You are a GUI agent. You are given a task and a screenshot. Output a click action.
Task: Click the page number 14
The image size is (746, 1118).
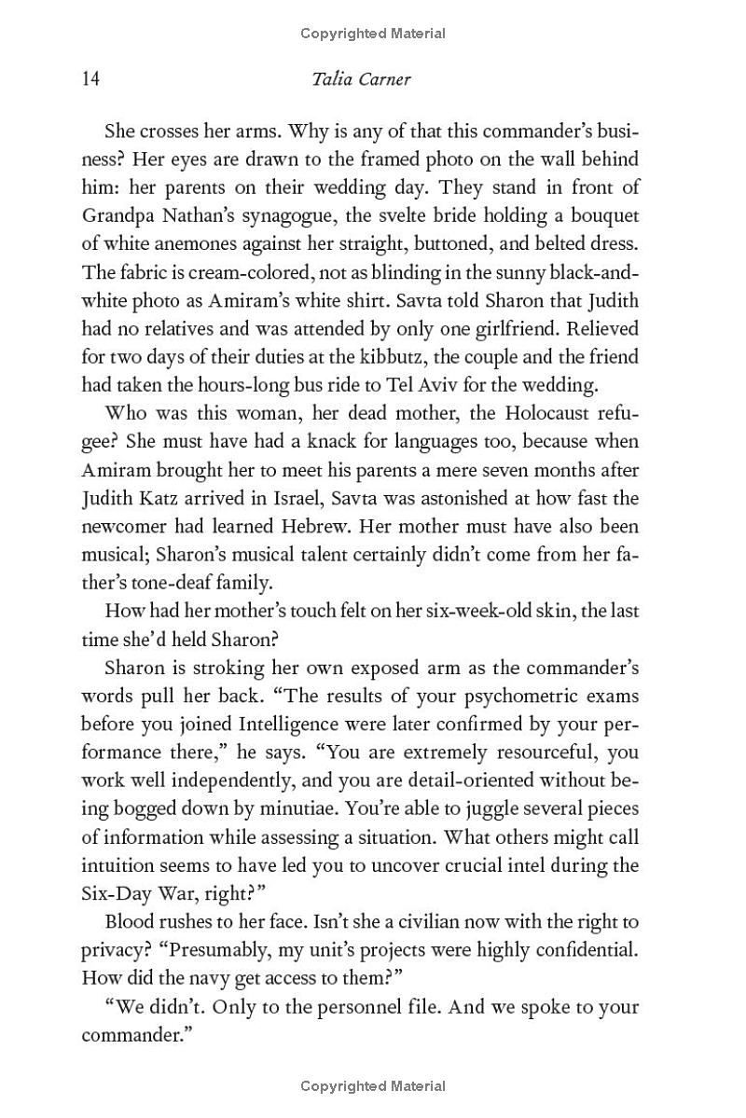pos(90,78)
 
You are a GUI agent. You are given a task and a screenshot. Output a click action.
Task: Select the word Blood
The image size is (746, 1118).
pos(131,923)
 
